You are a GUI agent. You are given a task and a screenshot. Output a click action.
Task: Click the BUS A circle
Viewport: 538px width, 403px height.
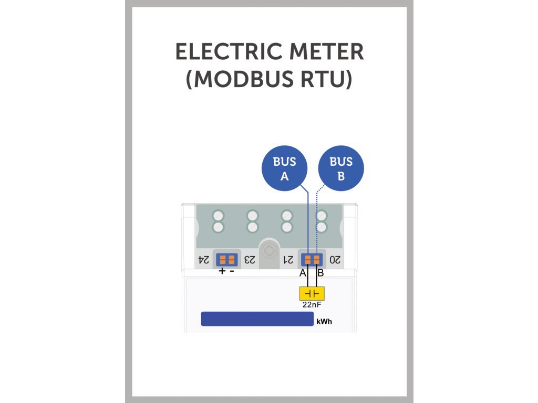pos(284,168)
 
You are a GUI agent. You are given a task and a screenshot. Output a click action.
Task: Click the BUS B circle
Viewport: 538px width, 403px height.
pos(341,168)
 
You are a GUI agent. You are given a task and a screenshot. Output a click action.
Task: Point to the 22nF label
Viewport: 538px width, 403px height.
pos(312,304)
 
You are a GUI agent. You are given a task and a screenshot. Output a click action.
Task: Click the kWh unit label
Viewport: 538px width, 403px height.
pos(324,322)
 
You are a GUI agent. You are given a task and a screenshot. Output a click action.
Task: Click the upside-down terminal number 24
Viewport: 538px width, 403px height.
pos(203,259)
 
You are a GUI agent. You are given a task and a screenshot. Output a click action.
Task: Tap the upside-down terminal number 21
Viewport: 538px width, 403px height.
pos(288,259)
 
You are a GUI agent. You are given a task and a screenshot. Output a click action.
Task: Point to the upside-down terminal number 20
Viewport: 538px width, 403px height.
pos(335,259)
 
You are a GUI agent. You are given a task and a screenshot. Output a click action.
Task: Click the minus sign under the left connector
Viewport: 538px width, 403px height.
pos(232,271)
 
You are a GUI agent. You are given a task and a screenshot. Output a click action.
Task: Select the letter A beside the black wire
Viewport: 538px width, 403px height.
pos(303,273)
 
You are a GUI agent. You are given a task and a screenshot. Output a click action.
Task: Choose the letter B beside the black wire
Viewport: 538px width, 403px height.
pos(320,273)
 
